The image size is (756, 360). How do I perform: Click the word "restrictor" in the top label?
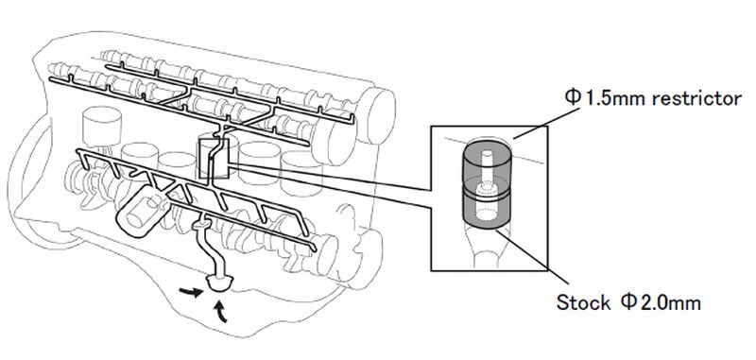click(x=696, y=99)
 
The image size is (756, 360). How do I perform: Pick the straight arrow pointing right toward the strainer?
click(x=190, y=292)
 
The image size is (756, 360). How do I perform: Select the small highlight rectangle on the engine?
click(x=215, y=159)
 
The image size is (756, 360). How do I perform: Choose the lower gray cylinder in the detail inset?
click(x=486, y=208)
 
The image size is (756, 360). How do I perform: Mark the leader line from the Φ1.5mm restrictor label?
click(x=546, y=124)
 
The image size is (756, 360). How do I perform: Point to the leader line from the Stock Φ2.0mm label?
click(x=534, y=256)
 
